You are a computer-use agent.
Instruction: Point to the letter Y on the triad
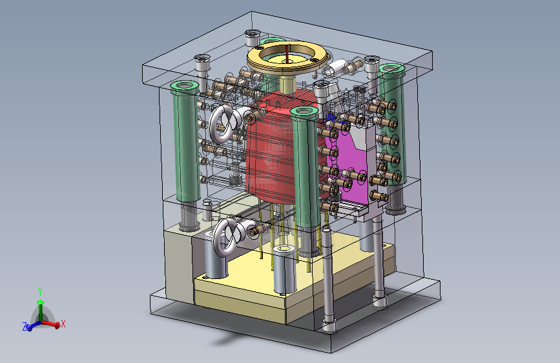(x=40, y=292)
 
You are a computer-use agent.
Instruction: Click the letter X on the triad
(x=63, y=324)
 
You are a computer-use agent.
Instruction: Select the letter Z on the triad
(x=25, y=326)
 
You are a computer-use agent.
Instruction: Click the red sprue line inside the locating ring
(x=287, y=53)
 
